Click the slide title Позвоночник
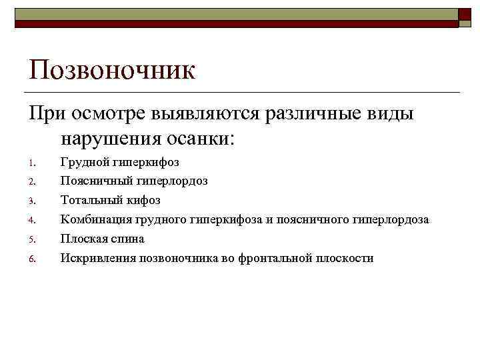click(111, 70)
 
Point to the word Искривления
click(97, 258)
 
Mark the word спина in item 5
click(128, 239)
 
